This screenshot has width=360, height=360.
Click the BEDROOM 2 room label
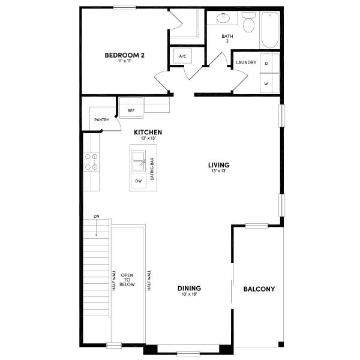coord(124,56)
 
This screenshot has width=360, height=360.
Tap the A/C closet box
coord(183,56)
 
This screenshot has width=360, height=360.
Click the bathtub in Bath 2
coord(270,29)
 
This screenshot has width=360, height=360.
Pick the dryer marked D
coord(266,62)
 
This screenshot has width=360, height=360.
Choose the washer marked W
coord(266,83)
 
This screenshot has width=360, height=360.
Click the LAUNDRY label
coord(246,62)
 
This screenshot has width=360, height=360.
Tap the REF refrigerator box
coord(131,111)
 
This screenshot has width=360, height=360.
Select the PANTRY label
coord(101,120)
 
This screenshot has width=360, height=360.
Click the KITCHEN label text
coord(148,133)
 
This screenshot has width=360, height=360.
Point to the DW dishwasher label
coord(138,181)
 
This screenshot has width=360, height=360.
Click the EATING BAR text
coord(152,170)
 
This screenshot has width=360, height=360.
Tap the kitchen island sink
coord(139,160)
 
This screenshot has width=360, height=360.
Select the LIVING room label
coord(219,165)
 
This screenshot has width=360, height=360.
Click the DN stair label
coord(96,216)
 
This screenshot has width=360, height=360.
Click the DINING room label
coord(189,288)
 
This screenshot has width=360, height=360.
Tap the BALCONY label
coord(259,289)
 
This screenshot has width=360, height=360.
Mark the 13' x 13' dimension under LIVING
coord(219,171)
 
